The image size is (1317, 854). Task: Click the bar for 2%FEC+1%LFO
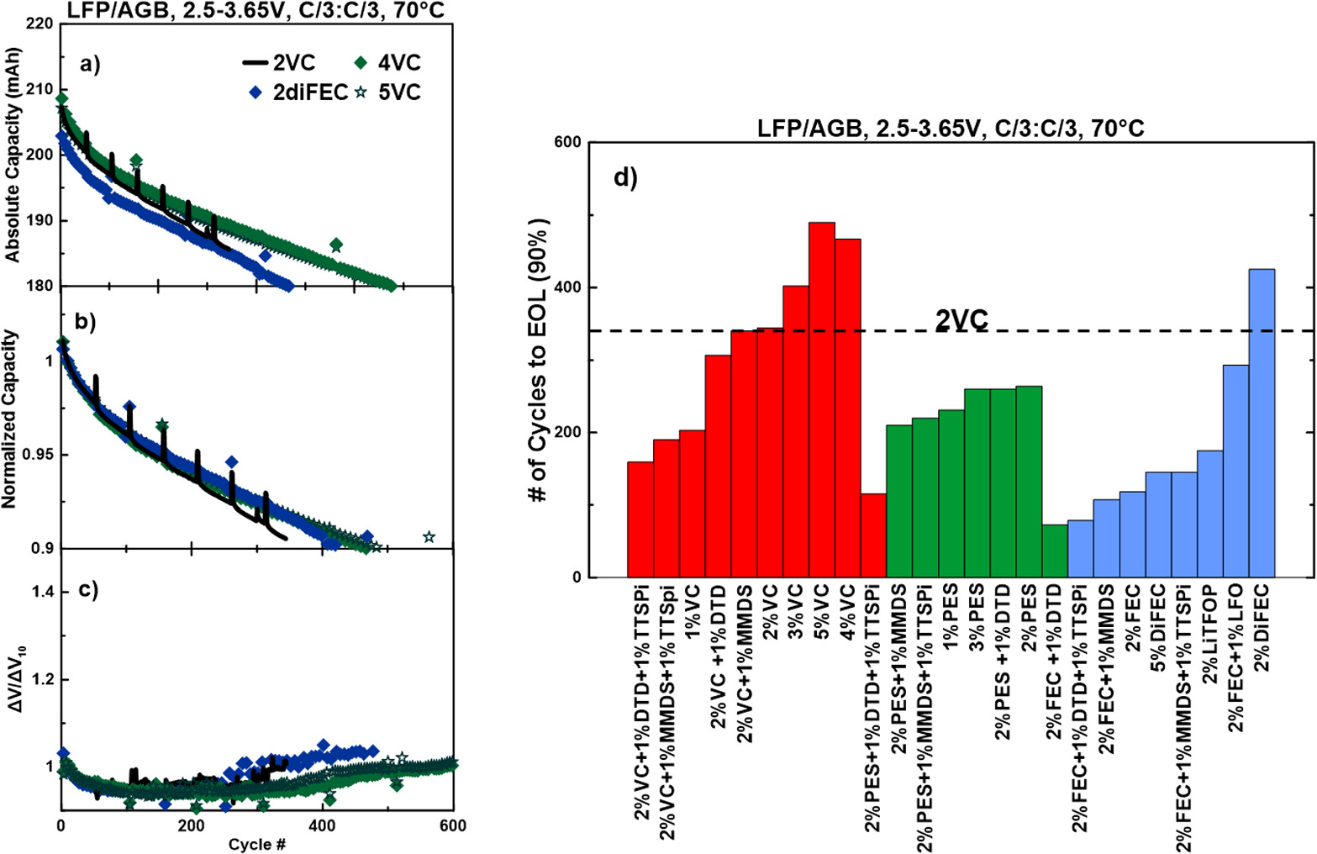point(1235,471)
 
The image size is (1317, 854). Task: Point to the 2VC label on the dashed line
point(961,319)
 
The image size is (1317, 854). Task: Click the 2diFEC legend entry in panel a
point(299,92)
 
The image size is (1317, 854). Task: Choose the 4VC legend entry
point(387,63)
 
